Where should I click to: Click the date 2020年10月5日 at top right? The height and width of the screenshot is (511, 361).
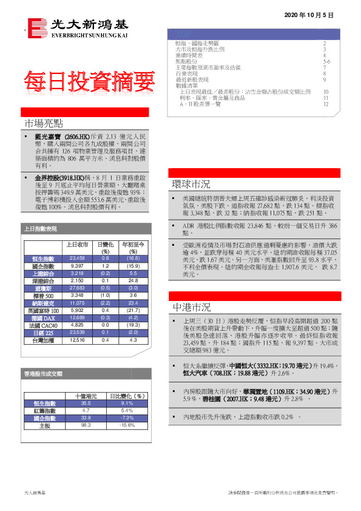point(309,14)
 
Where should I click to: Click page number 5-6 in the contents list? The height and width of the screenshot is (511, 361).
point(326,62)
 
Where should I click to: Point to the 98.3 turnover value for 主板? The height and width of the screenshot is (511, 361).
point(86,425)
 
